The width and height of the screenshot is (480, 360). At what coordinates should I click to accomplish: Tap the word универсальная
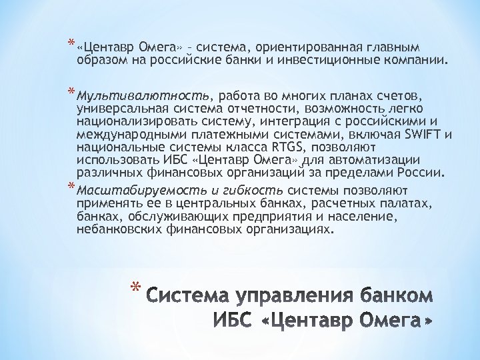[117, 108]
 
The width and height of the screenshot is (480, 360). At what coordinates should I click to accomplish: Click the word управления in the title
[279, 294]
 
